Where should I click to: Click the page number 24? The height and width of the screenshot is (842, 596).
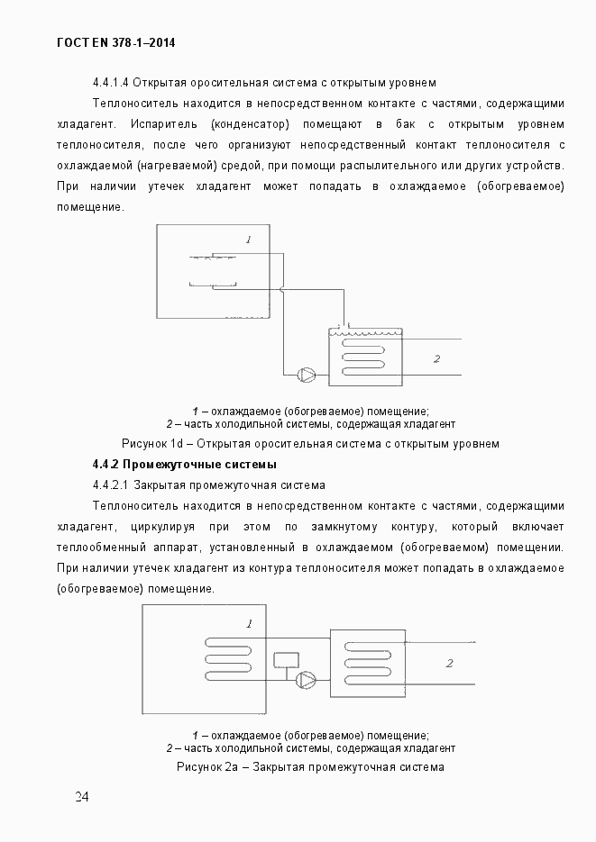click(81, 797)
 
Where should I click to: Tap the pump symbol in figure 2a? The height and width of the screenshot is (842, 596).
click(308, 678)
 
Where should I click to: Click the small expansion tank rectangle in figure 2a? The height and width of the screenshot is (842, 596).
click(287, 658)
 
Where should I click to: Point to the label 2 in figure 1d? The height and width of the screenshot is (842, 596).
click(436, 358)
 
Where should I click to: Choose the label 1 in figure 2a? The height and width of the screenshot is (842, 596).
click(249, 623)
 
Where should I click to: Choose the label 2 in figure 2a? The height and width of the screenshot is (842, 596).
click(448, 664)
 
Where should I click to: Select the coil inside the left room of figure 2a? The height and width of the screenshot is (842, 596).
click(234, 658)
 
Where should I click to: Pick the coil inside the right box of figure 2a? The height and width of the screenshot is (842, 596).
click(365, 658)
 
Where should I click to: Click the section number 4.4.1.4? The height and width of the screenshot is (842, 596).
click(113, 83)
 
